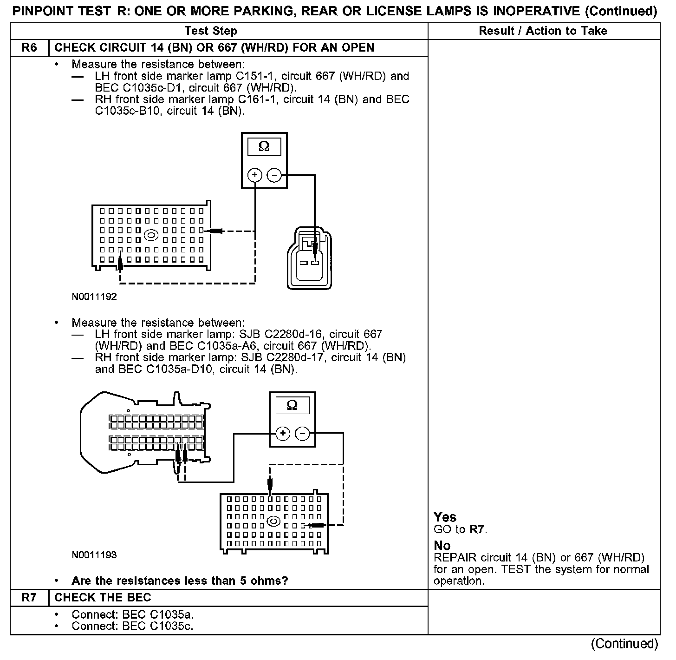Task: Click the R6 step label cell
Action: point(29,48)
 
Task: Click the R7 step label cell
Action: point(29,598)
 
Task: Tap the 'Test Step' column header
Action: point(211,31)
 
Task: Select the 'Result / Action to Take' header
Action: point(543,31)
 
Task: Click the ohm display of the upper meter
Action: point(264,147)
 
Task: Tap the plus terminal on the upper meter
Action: point(255,175)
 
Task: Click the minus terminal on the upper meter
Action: point(274,175)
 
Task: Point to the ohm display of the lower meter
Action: point(292,405)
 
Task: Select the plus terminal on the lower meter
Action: point(283,434)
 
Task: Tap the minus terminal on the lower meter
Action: point(303,434)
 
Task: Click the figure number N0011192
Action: point(94,297)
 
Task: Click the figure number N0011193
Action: point(94,555)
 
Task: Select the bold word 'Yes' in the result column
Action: point(445,517)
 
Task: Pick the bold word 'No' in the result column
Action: point(442,546)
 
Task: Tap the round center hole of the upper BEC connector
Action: point(150,236)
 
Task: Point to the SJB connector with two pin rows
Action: point(144,432)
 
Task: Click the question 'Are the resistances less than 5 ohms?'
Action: point(180,581)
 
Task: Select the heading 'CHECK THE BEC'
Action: point(103,598)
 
